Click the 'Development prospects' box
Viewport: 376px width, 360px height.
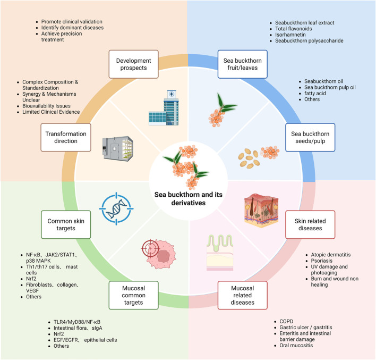click(x=134, y=64)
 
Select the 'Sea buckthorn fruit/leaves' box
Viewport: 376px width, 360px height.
click(x=242, y=64)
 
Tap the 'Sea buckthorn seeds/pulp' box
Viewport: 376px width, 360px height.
click(x=310, y=137)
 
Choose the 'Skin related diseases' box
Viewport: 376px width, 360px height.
click(x=310, y=224)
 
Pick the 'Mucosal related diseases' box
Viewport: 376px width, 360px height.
click(x=242, y=295)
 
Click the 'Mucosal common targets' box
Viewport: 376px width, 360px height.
click(x=134, y=295)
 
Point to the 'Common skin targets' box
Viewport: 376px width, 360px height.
click(x=66, y=224)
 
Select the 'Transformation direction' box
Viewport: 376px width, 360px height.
click(x=66, y=137)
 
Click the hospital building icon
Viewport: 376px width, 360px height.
click(x=164, y=108)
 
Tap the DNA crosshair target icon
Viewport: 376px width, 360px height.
click(x=116, y=208)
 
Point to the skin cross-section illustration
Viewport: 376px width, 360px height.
click(x=261, y=211)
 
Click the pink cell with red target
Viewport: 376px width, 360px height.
click(x=158, y=254)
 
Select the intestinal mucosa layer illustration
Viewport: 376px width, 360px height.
click(x=220, y=253)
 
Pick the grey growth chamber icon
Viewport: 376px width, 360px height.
click(x=118, y=149)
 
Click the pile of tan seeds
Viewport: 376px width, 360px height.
click(x=249, y=158)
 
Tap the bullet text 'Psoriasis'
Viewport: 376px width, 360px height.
click(x=322, y=261)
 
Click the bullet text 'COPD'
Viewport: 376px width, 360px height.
click(x=286, y=321)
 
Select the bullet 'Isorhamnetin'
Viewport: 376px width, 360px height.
click(x=290, y=35)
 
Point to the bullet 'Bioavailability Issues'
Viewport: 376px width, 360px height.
click(x=46, y=106)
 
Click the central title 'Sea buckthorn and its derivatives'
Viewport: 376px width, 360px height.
click(x=189, y=199)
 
